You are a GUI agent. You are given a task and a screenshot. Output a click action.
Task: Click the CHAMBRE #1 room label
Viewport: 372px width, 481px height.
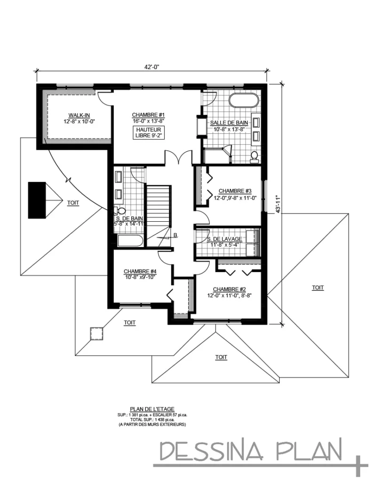pos(148,115)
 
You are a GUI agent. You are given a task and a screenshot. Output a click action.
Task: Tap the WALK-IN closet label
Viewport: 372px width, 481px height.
pos(76,115)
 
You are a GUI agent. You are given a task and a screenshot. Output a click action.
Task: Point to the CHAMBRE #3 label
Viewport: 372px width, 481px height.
pos(235,191)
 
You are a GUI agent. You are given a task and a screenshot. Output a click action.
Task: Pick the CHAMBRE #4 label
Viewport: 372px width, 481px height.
pos(140,271)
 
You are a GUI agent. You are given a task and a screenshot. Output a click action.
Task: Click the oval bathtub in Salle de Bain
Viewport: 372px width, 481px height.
pos(243,101)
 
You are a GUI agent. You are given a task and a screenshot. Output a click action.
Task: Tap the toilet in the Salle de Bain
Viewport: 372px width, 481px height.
pos(254,156)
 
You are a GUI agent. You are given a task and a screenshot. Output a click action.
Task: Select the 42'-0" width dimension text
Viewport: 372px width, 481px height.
pos(152,67)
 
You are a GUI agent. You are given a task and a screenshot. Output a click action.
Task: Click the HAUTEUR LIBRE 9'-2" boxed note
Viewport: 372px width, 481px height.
pos(149,132)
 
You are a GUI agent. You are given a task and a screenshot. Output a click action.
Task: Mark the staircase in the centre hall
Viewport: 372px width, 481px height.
pos(158,207)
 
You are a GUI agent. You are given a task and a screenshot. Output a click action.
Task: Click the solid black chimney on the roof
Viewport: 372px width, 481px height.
pos(37,200)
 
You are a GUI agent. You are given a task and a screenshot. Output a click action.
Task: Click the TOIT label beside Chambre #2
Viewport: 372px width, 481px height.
pos(318,287)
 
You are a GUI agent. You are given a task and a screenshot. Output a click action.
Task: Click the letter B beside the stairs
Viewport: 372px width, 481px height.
pos(175,235)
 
